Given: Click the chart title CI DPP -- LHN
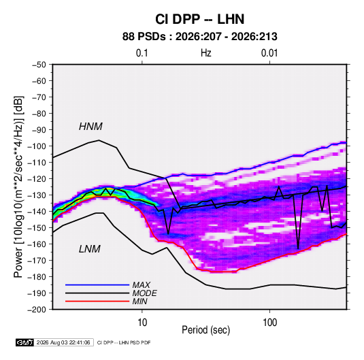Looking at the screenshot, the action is pyautogui.click(x=199, y=19).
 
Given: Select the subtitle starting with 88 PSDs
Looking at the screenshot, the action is pyautogui.click(x=199, y=37).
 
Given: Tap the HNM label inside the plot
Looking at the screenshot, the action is pyautogui.click(x=90, y=127).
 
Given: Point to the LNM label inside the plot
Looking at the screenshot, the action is pyautogui.click(x=90, y=249).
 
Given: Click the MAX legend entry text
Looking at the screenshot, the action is pyautogui.click(x=141, y=285).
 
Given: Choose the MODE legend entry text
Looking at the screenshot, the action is pyautogui.click(x=144, y=293).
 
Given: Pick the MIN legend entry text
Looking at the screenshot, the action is pyautogui.click(x=139, y=301).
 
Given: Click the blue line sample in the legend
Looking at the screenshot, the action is pyautogui.click(x=97, y=285).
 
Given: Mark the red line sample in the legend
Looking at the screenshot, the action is pyautogui.click(x=97, y=301).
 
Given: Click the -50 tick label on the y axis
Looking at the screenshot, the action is pyautogui.click(x=39, y=65).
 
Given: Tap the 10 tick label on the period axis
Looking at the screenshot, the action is pyautogui.click(x=142, y=323).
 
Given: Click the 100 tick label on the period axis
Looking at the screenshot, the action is pyautogui.click(x=269, y=323).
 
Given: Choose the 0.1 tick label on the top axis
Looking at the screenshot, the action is pyautogui.click(x=142, y=53).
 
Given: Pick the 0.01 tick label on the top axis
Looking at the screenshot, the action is pyautogui.click(x=269, y=53).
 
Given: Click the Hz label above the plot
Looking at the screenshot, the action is pyautogui.click(x=206, y=53).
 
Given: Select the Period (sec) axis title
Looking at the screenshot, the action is pyautogui.click(x=206, y=330).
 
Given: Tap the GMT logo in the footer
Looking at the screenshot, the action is pyautogui.click(x=24, y=342).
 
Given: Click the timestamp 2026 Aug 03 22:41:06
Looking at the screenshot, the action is pyautogui.click(x=63, y=342).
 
